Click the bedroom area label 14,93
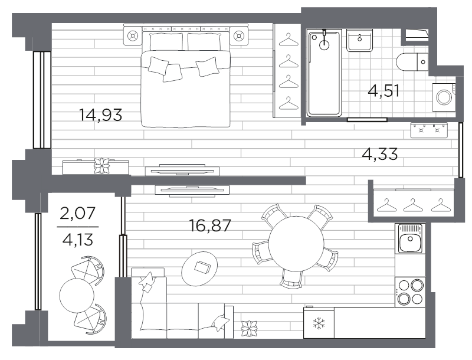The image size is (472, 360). (x=100, y=114)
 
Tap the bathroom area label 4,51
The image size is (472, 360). (x=384, y=90)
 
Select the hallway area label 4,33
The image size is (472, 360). (x=379, y=154)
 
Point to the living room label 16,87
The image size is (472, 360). (x=210, y=225)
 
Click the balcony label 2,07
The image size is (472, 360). (x=78, y=213)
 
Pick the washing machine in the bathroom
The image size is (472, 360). (x=444, y=97)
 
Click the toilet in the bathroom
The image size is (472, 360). (x=412, y=62)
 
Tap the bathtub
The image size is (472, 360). (x=324, y=73)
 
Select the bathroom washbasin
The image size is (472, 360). (x=359, y=40)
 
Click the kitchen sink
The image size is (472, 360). (x=409, y=238)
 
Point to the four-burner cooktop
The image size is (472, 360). (x=410, y=292)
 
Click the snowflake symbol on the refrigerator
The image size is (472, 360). (x=318, y=323)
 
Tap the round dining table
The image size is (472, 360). (x=297, y=244)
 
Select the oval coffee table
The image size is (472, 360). (x=199, y=268)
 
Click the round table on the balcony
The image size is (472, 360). (x=77, y=294)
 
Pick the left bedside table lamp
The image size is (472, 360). (x=132, y=36)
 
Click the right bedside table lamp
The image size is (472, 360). (x=239, y=36)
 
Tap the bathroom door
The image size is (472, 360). (x=367, y=119)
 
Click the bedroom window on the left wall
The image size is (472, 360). (x=42, y=100)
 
